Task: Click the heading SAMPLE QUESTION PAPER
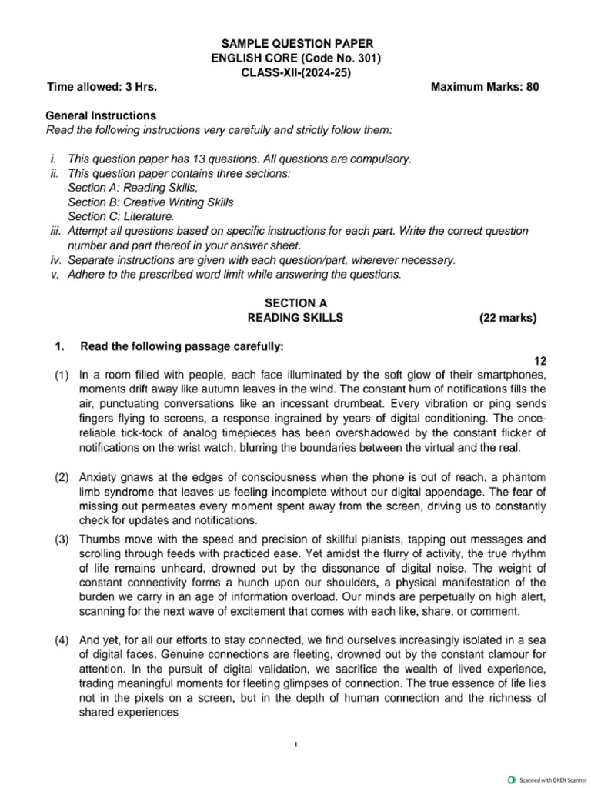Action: (x=296, y=44)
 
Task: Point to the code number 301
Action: (x=366, y=58)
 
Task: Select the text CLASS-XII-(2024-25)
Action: (x=296, y=72)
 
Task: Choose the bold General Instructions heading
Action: (x=101, y=115)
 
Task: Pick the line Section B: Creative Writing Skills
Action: (x=150, y=202)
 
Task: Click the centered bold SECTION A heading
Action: (x=295, y=303)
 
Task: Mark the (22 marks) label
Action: (x=508, y=318)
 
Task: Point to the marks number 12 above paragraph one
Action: (x=539, y=360)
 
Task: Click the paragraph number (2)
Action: (x=62, y=478)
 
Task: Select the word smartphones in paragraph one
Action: (x=514, y=375)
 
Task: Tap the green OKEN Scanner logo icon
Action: (x=512, y=780)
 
